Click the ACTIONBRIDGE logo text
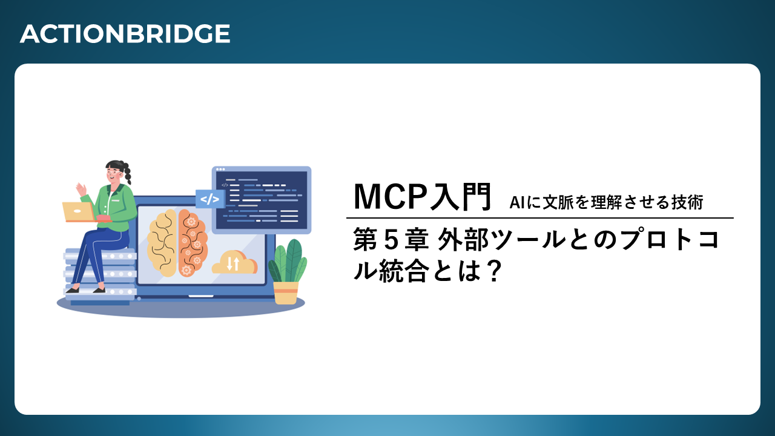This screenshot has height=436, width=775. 125,34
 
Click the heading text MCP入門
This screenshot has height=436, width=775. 423,197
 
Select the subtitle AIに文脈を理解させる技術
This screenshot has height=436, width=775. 606,202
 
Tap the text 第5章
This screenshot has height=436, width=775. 391,240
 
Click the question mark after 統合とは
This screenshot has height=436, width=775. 493,272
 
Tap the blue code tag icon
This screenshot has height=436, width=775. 209,199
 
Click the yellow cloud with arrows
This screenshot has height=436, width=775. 234,262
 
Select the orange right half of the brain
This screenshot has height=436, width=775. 193,243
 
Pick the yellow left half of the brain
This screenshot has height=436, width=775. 162,243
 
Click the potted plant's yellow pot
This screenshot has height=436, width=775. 286,292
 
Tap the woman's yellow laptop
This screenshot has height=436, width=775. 79,212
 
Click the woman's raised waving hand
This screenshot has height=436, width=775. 81,190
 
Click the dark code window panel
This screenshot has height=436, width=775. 262,200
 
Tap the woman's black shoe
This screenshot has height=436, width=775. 99,290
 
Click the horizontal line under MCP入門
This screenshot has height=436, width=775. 539,218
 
